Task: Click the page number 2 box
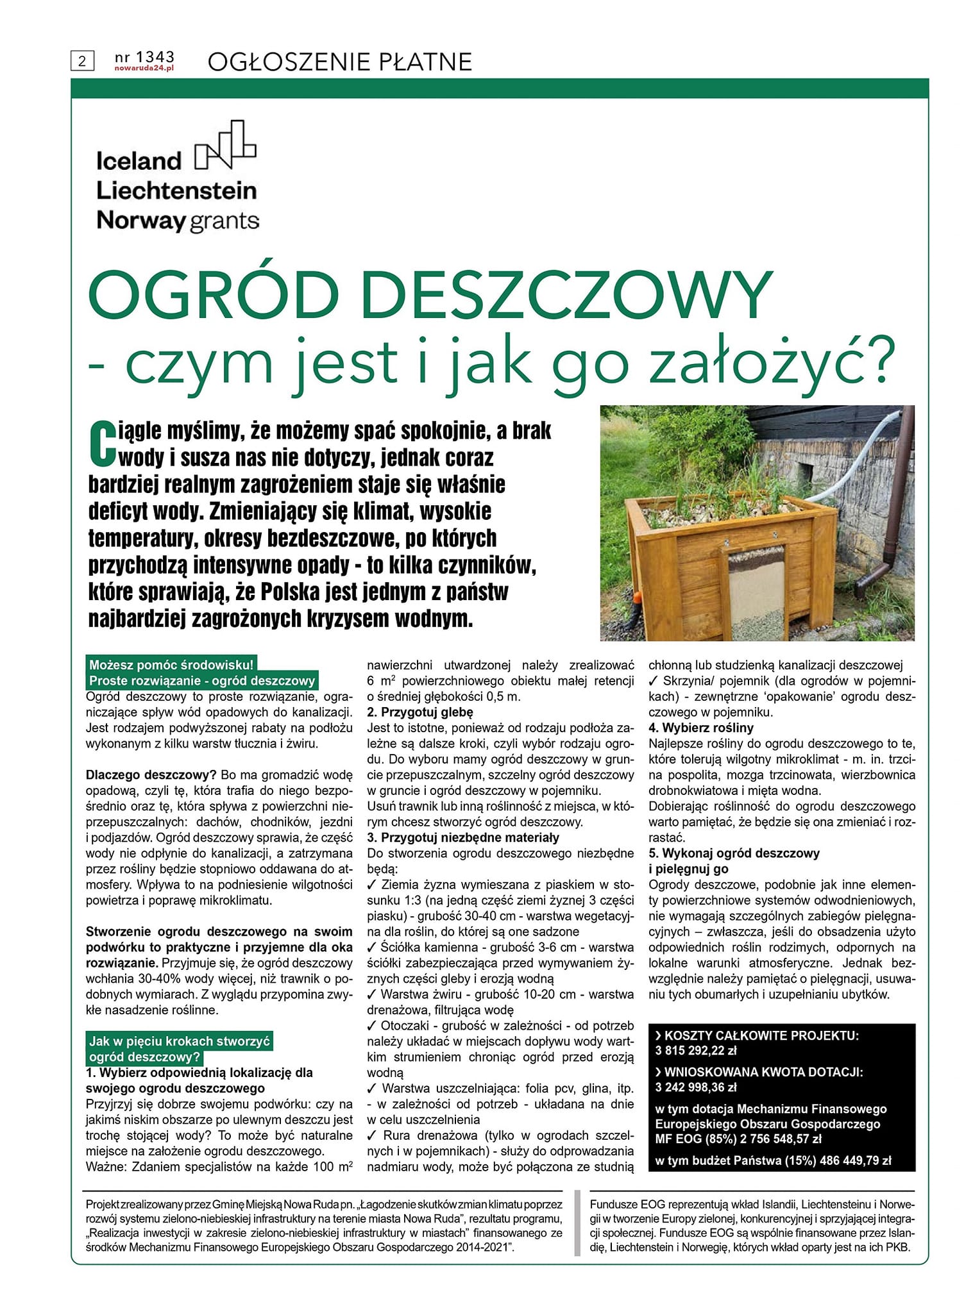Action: point(82,62)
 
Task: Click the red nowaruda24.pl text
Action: point(144,67)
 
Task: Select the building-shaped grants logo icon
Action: point(225,145)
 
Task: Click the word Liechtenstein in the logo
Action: point(176,190)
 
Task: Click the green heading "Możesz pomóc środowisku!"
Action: point(171,665)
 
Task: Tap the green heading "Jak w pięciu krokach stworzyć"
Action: point(180,1041)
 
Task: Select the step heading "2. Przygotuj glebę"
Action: point(419,712)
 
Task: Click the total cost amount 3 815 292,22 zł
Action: point(696,1051)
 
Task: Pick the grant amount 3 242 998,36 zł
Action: point(696,1087)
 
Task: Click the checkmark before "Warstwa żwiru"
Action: point(373,994)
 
